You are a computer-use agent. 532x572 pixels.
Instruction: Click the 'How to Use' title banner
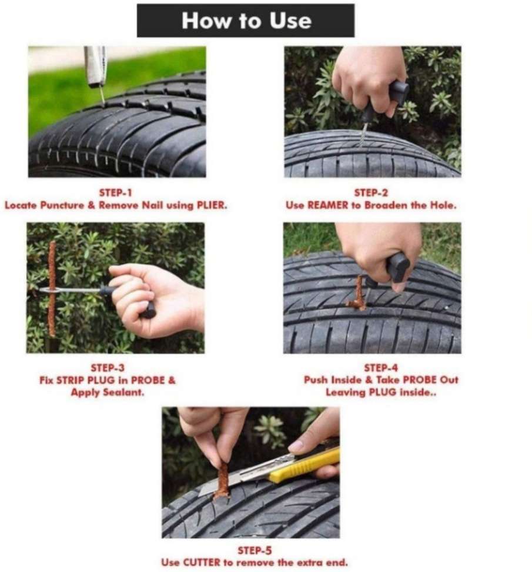(x=246, y=21)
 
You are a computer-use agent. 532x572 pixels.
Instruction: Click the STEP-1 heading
(x=115, y=192)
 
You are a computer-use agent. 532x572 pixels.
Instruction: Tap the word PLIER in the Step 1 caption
(x=212, y=205)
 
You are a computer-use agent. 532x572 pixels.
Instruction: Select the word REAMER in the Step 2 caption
(x=327, y=205)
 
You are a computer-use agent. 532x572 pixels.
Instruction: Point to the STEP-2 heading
(x=371, y=192)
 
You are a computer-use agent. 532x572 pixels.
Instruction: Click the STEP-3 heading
(x=108, y=367)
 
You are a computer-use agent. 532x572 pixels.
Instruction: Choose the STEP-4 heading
(x=381, y=367)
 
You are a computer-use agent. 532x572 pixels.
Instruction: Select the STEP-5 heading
(x=255, y=550)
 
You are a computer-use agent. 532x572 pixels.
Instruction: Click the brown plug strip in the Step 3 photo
(x=52, y=288)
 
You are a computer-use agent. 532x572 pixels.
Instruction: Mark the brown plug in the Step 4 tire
(x=358, y=293)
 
